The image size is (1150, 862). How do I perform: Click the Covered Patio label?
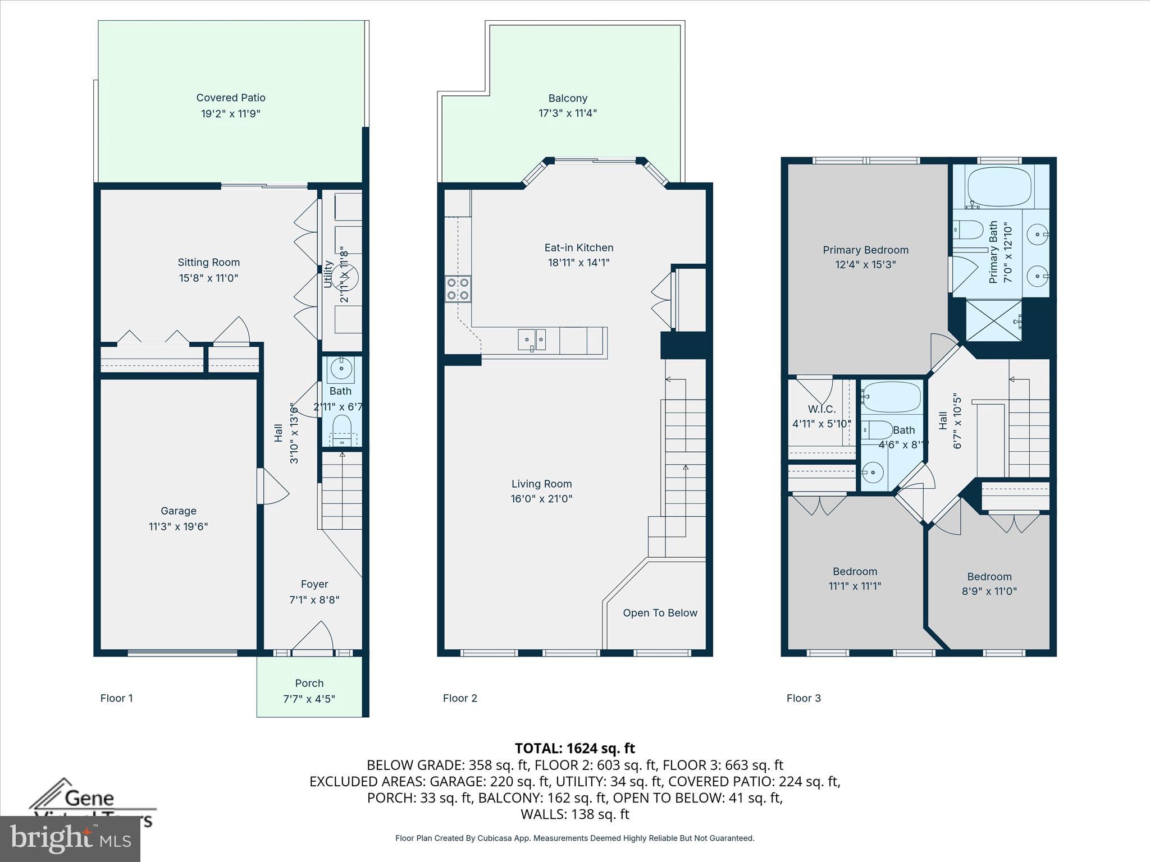tap(231, 98)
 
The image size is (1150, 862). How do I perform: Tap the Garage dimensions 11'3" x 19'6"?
tap(178, 526)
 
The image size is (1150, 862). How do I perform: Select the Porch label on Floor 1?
tap(309, 683)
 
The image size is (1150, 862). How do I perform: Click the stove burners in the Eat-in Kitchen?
tap(458, 288)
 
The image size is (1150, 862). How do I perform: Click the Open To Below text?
tap(660, 613)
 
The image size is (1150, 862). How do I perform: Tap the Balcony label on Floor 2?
tap(568, 98)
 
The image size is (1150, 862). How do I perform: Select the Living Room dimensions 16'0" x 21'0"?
tap(541, 498)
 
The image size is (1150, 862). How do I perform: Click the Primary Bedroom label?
tap(865, 250)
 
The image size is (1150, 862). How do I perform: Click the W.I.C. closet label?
tap(822, 409)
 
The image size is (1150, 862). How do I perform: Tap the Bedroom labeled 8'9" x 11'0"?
tap(989, 584)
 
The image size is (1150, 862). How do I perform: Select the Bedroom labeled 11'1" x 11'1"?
tap(855, 579)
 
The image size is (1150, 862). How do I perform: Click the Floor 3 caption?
tap(804, 698)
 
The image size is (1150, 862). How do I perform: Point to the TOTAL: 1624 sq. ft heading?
tap(574, 748)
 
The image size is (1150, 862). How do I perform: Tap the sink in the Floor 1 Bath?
tap(341, 369)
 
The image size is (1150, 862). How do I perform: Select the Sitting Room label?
tap(208, 262)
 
